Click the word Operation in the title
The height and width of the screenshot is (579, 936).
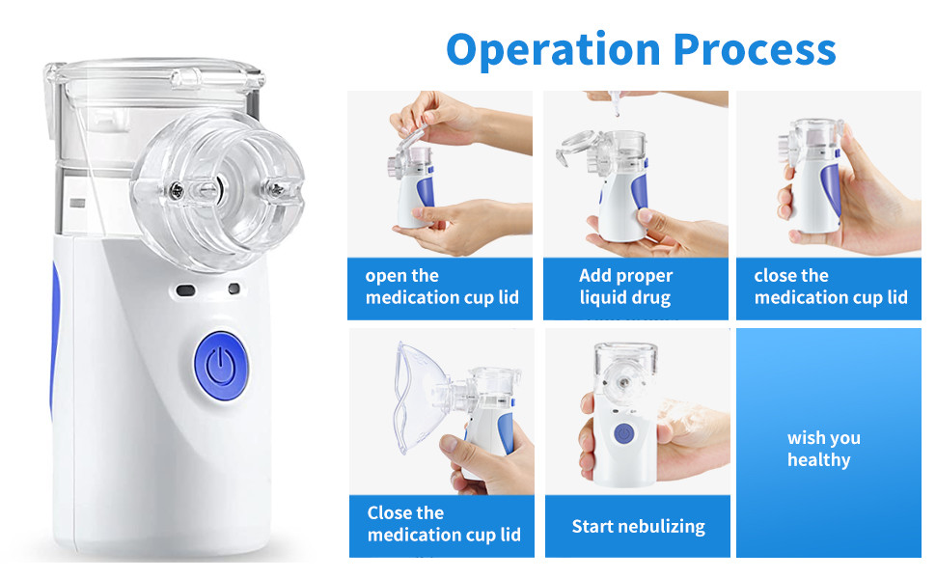(x=553, y=50)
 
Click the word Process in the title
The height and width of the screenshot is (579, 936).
(x=756, y=49)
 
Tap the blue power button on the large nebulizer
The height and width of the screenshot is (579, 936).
(x=221, y=366)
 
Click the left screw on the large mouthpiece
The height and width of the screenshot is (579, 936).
(x=177, y=191)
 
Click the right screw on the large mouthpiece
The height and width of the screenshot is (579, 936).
(x=276, y=190)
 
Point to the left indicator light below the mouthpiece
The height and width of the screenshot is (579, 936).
(x=185, y=290)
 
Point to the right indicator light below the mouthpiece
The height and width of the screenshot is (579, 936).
(x=234, y=289)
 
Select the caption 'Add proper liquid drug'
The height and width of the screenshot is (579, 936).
(x=625, y=287)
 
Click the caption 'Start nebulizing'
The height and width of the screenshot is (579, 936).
(x=638, y=527)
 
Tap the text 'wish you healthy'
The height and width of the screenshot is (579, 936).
(x=824, y=449)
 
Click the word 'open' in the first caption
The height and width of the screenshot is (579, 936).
(x=384, y=276)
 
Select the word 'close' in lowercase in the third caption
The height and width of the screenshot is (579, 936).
(x=772, y=276)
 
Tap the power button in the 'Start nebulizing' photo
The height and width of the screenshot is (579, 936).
(x=623, y=434)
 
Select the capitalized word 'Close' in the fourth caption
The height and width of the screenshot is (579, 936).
(x=388, y=513)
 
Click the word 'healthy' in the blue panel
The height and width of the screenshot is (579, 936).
(x=818, y=460)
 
